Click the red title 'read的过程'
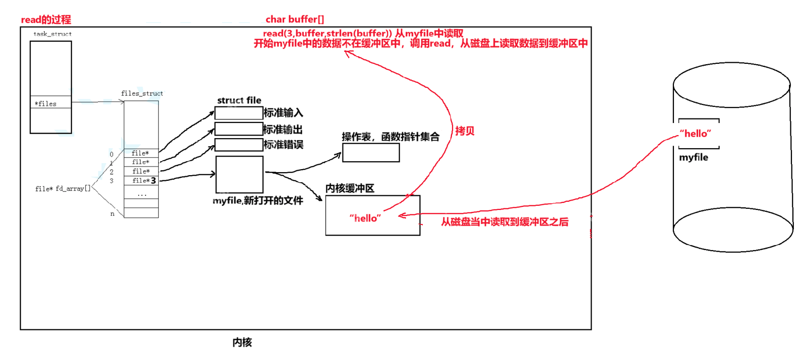point(46,20)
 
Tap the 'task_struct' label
point(52,34)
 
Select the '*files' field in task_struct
point(46,104)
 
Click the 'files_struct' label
point(142,93)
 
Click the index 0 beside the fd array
point(111,154)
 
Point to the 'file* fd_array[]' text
point(63,189)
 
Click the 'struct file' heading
point(239,100)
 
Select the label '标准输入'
point(283,113)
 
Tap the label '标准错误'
point(283,145)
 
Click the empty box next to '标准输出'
point(239,129)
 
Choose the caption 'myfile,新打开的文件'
point(258,201)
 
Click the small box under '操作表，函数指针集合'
point(371,153)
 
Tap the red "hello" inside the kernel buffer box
point(365,218)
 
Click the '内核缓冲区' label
point(350,188)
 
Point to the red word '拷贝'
point(465,131)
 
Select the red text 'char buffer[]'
point(295,20)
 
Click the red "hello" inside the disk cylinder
point(696,134)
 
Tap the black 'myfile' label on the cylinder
point(693,158)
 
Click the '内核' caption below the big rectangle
point(242,342)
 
